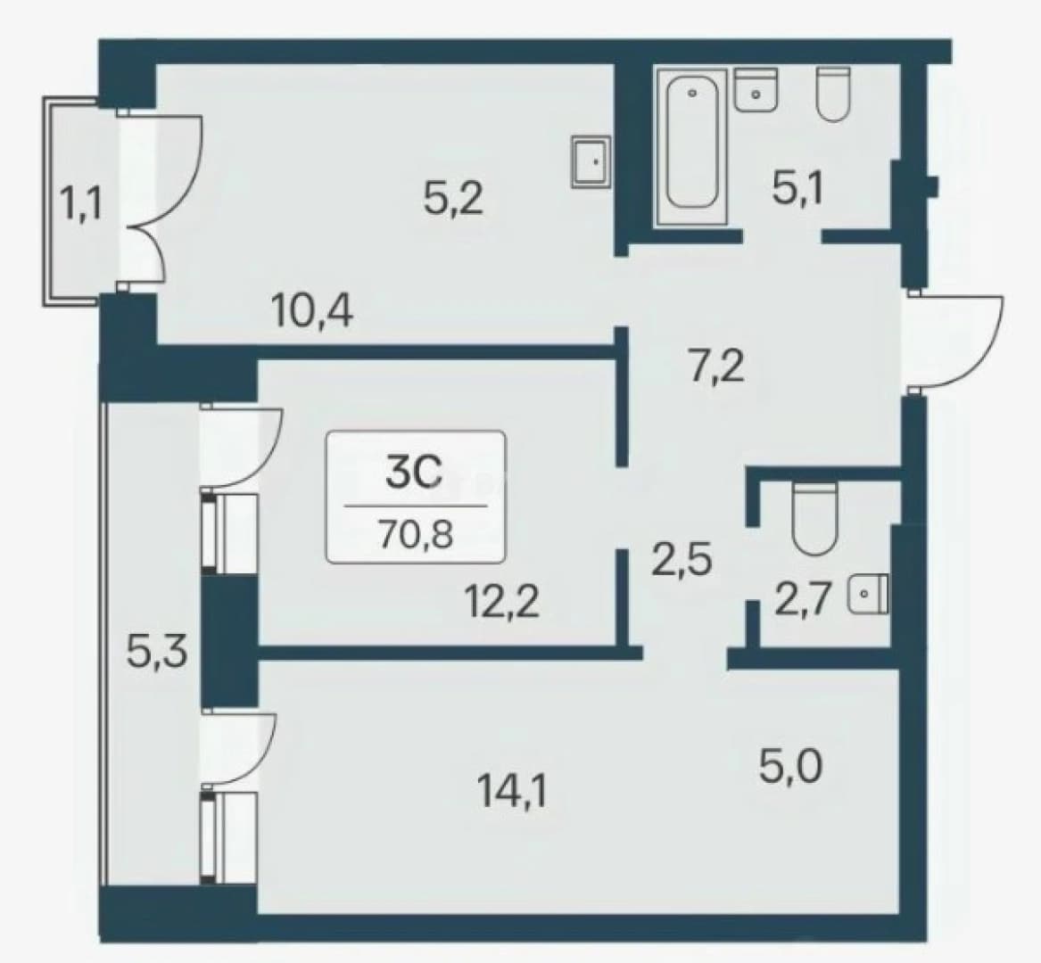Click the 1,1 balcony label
pyautogui.click(x=81, y=204)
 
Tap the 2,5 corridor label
pyautogui.click(x=681, y=559)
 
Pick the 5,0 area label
pyautogui.click(x=790, y=767)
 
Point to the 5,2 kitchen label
pyautogui.click(x=453, y=198)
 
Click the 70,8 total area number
pyautogui.click(x=416, y=534)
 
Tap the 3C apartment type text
pyautogui.click(x=414, y=472)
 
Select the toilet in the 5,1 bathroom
pyautogui.click(x=833, y=94)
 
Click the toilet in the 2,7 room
pyautogui.click(x=815, y=519)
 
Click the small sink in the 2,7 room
pyautogui.click(x=868, y=593)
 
